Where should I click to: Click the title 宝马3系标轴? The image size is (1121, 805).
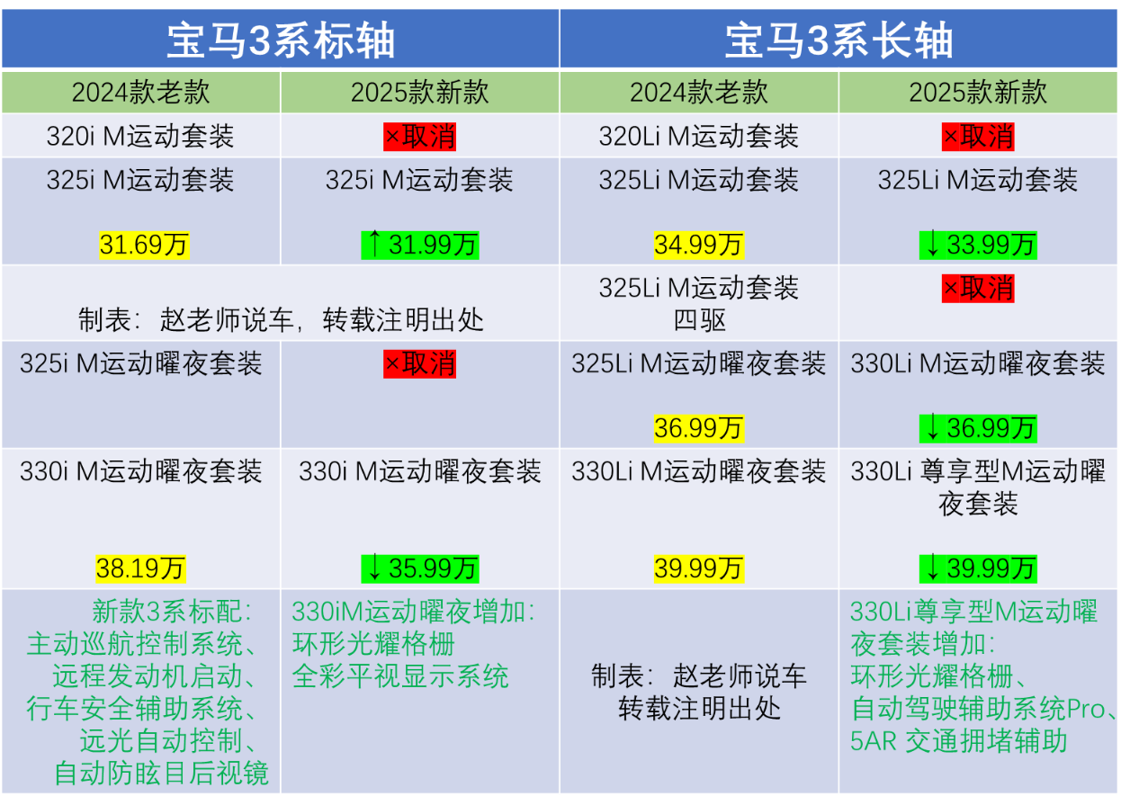[x=281, y=40]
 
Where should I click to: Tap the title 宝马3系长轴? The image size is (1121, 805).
[x=839, y=40]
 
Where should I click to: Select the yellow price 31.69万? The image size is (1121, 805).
[x=144, y=246]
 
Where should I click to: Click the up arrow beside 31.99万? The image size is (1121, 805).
[x=374, y=243]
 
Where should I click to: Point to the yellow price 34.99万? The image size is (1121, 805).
[x=699, y=246]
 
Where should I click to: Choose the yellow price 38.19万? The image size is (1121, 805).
[x=140, y=568]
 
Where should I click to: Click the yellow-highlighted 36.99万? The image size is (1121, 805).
[x=699, y=428]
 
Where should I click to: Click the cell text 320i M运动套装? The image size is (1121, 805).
[x=140, y=136]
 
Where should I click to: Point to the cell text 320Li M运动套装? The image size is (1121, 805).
[x=699, y=136]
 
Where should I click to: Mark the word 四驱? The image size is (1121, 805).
[x=699, y=320]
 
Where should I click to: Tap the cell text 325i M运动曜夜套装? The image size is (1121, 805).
[x=140, y=363]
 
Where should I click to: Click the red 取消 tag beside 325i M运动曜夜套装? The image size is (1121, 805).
[x=420, y=363]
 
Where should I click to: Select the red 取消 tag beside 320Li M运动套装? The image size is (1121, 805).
[x=978, y=137]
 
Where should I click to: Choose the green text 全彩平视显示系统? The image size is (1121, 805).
[x=400, y=676]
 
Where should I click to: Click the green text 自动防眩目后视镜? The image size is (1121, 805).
[x=161, y=773]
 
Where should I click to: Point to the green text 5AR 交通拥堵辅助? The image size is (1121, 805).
[x=959, y=741]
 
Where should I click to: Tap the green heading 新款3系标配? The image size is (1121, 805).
[x=171, y=612]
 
